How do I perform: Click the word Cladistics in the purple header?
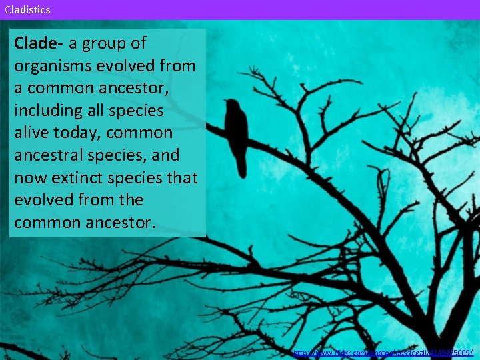(x=27, y=9)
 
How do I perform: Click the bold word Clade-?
(x=39, y=43)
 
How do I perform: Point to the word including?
(x=49, y=111)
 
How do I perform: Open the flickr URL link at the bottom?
(x=383, y=352)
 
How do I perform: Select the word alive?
(x=33, y=133)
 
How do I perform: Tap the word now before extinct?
(x=29, y=178)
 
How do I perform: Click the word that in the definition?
(x=183, y=178)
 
